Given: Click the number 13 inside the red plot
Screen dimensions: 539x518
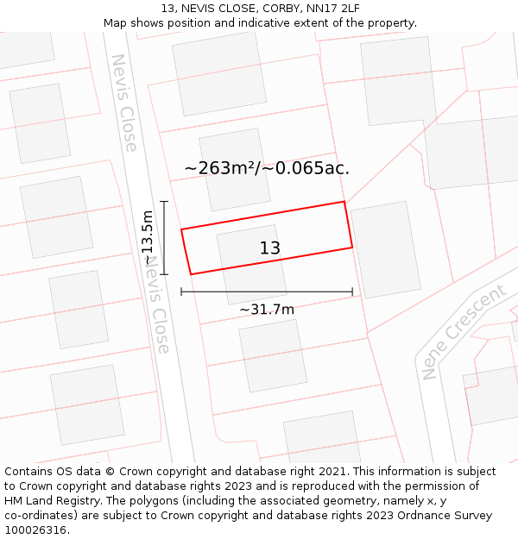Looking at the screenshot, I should [270, 248].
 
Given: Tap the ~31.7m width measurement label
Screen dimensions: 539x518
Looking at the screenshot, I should [267, 310].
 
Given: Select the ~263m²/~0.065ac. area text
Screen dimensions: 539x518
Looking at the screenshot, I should [267, 168].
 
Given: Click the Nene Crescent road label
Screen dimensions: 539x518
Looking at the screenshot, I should [464, 332].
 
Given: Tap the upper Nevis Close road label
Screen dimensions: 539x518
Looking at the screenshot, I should [124, 103].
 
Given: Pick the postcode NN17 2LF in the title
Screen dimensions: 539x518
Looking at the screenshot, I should [331, 9].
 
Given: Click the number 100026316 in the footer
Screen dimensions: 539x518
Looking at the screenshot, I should [37, 530].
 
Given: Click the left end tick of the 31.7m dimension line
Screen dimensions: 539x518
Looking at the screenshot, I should [181, 291].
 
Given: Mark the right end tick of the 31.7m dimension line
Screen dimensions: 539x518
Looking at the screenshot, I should [352, 291].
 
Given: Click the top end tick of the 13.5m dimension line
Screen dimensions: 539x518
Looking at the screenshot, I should [164, 201].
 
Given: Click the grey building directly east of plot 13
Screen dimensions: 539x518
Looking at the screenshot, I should [386, 249].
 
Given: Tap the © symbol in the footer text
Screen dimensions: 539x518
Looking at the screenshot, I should [110, 472].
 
